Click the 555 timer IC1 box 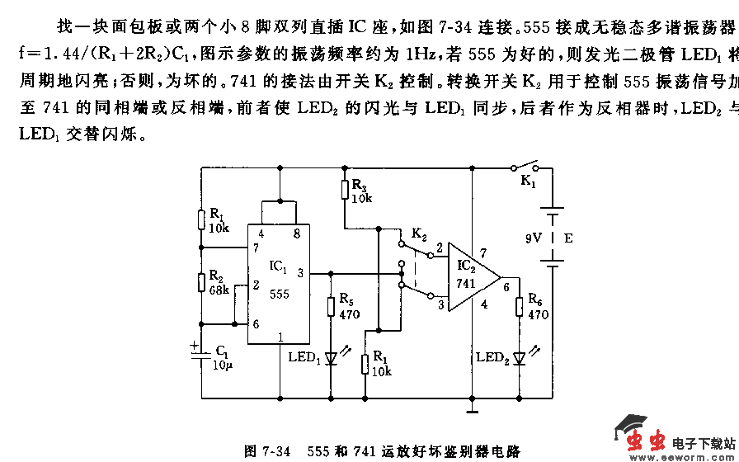tap(279, 280)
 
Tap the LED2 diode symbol tap(519, 357)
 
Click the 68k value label tap(219, 290)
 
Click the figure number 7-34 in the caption tap(275, 451)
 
